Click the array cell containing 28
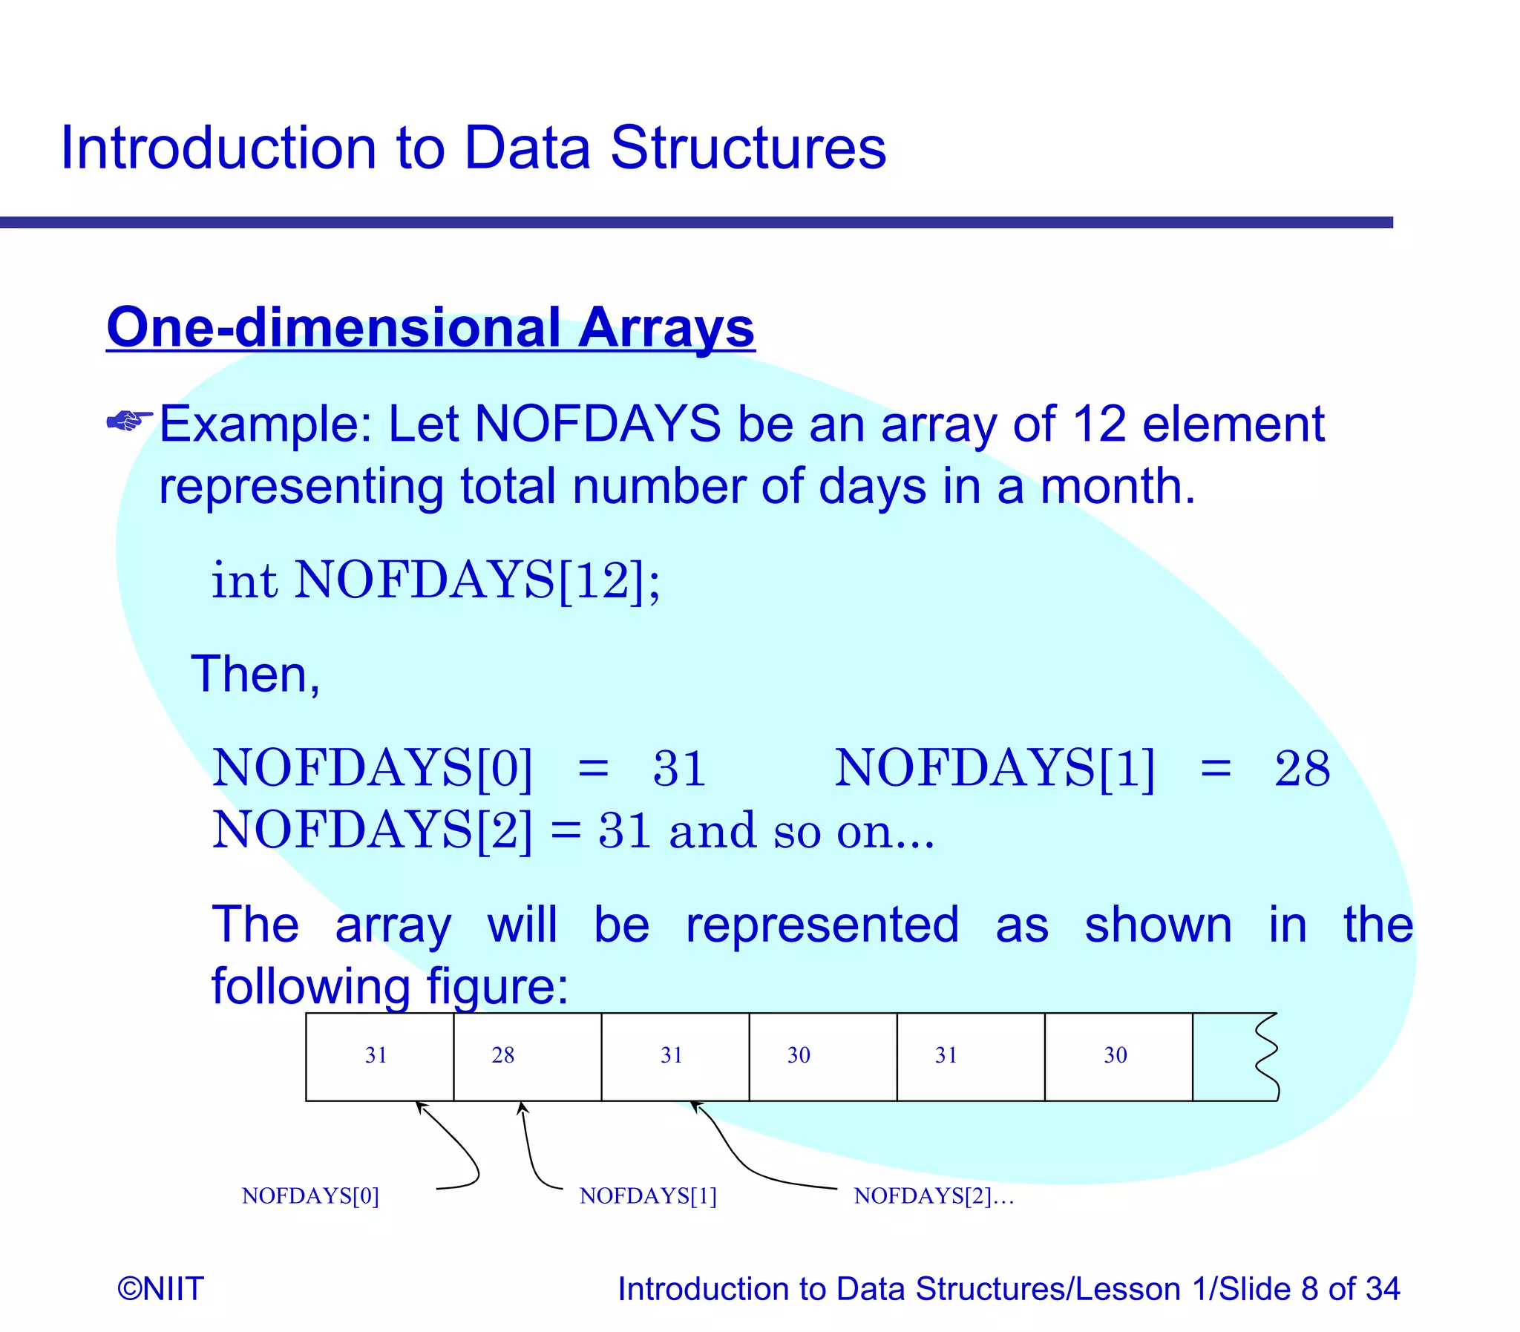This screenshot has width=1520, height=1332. pyautogui.click(x=527, y=1056)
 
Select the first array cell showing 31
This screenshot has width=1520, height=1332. pyautogui.click(x=379, y=1056)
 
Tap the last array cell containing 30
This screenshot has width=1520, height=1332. pyautogui.click(x=1118, y=1056)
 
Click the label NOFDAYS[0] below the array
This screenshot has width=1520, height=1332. pyautogui.click(x=310, y=1196)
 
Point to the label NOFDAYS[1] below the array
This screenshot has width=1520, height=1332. pyautogui.click(x=647, y=1196)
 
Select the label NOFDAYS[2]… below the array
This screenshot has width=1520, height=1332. pyautogui.click(x=934, y=1196)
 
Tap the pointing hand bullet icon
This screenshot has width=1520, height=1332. pyautogui.click(x=129, y=421)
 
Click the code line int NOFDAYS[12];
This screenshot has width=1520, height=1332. pyautogui.click(x=436, y=580)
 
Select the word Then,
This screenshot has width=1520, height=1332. pyautogui.click(x=256, y=675)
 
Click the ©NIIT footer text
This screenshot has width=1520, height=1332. pyautogui.click(x=160, y=1288)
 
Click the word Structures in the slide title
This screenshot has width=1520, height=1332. pyautogui.click(x=747, y=148)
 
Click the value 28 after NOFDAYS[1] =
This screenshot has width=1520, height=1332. pyautogui.click(x=1302, y=769)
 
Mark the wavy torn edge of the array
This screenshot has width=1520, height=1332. pyautogui.click(x=1266, y=1056)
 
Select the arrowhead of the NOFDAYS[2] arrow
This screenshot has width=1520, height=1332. pyautogui.click(x=695, y=1106)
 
